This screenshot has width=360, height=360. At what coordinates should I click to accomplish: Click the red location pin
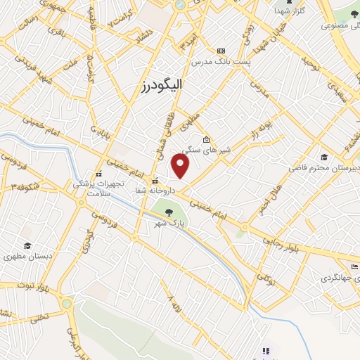[x=181, y=166]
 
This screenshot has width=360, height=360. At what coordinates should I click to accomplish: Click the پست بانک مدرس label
[x=221, y=62]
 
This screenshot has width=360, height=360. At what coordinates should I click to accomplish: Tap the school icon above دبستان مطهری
[x=27, y=245]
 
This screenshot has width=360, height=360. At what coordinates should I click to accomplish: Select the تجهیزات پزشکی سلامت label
[x=100, y=186]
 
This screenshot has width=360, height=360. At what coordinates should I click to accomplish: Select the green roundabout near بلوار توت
[x=67, y=304]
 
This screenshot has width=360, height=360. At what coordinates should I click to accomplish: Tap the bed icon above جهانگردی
[x=354, y=266]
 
